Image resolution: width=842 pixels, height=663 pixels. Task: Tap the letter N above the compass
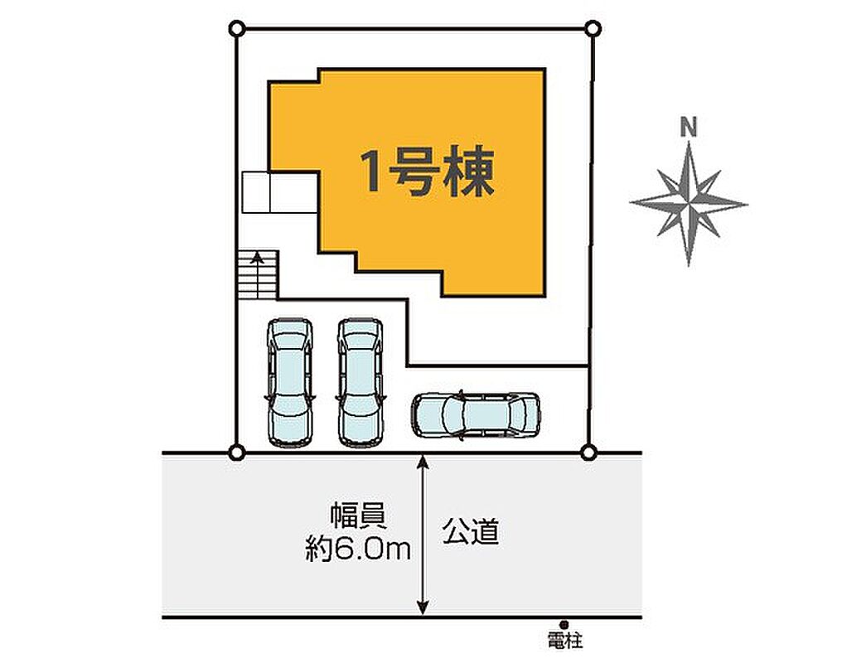(x=689, y=128)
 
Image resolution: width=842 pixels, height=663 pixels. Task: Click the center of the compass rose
(x=689, y=204)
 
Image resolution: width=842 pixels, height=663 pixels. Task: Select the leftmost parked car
(x=290, y=382)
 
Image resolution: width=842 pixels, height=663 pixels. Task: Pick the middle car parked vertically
(x=361, y=382)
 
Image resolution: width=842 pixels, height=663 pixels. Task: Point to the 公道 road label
(x=471, y=531)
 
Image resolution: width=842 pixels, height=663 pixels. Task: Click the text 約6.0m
(x=358, y=549)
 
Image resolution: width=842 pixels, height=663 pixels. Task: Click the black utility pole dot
(x=564, y=624)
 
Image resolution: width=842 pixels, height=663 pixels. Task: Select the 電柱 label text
(x=565, y=640)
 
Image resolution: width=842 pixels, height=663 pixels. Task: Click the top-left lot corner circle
(x=237, y=28)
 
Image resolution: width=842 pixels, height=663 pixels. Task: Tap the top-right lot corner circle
(x=593, y=28)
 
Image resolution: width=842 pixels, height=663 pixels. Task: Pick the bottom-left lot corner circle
(x=236, y=452)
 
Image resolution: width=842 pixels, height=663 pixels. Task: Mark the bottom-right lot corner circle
(x=588, y=452)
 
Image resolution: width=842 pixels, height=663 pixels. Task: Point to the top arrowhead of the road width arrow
(x=423, y=461)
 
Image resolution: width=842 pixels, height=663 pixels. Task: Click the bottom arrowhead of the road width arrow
(x=423, y=608)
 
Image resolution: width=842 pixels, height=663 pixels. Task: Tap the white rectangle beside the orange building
(x=280, y=192)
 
